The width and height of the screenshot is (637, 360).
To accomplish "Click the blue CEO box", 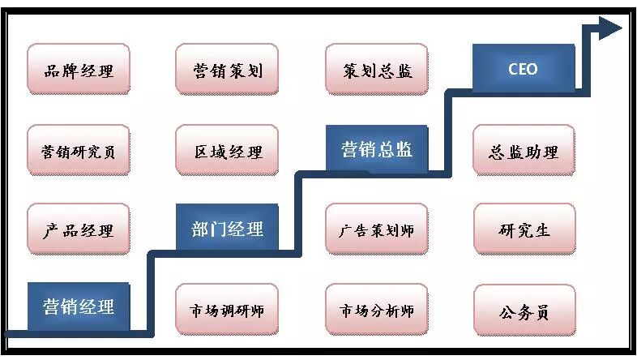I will click(x=523, y=69).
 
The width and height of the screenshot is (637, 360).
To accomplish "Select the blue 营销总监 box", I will click(x=376, y=149).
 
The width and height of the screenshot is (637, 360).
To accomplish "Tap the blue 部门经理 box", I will click(x=227, y=228).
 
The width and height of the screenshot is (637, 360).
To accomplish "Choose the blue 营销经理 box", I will click(x=79, y=306).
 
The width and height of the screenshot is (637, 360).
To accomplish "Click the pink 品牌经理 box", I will click(x=79, y=70).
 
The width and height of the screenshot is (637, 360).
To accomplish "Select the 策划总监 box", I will click(x=376, y=70).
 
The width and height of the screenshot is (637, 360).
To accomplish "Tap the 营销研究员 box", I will click(x=79, y=150).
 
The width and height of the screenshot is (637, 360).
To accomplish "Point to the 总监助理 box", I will click(x=524, y=150).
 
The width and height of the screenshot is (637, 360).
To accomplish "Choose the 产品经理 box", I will click(x=79, y=229).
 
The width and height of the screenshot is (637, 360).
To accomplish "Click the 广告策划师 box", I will click(x=376, y=229).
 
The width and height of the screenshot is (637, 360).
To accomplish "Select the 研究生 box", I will click(x=524, y=229).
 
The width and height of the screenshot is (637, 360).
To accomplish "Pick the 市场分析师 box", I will click(x=376, y=311).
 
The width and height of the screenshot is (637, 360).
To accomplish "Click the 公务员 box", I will click(x=524, y=311).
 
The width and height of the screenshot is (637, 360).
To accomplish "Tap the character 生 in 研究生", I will click(x=542, y=229).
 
